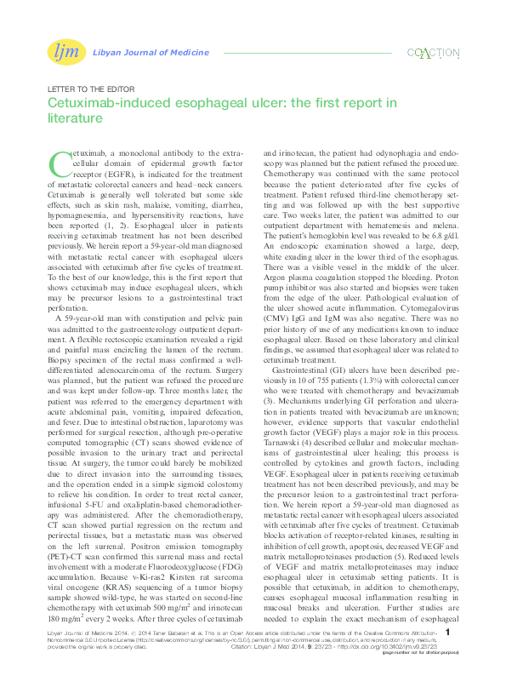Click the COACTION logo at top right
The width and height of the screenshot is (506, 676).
[x=433, y=54]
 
